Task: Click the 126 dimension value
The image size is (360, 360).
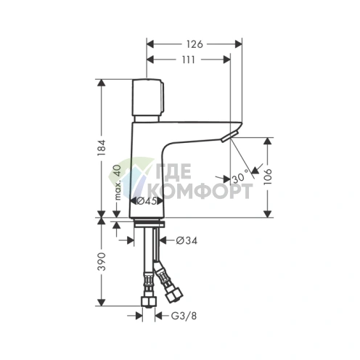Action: [195, 44]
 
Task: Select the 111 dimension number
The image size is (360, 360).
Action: [188, 60]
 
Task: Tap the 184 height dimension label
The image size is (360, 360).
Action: [102, 147]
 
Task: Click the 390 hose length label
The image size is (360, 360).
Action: [102, 261]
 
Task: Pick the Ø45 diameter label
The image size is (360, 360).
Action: [147, 201]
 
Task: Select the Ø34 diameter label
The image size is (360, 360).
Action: [187, 240]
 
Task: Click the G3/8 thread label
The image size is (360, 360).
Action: [184, 316]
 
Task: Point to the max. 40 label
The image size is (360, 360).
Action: [118, 182]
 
